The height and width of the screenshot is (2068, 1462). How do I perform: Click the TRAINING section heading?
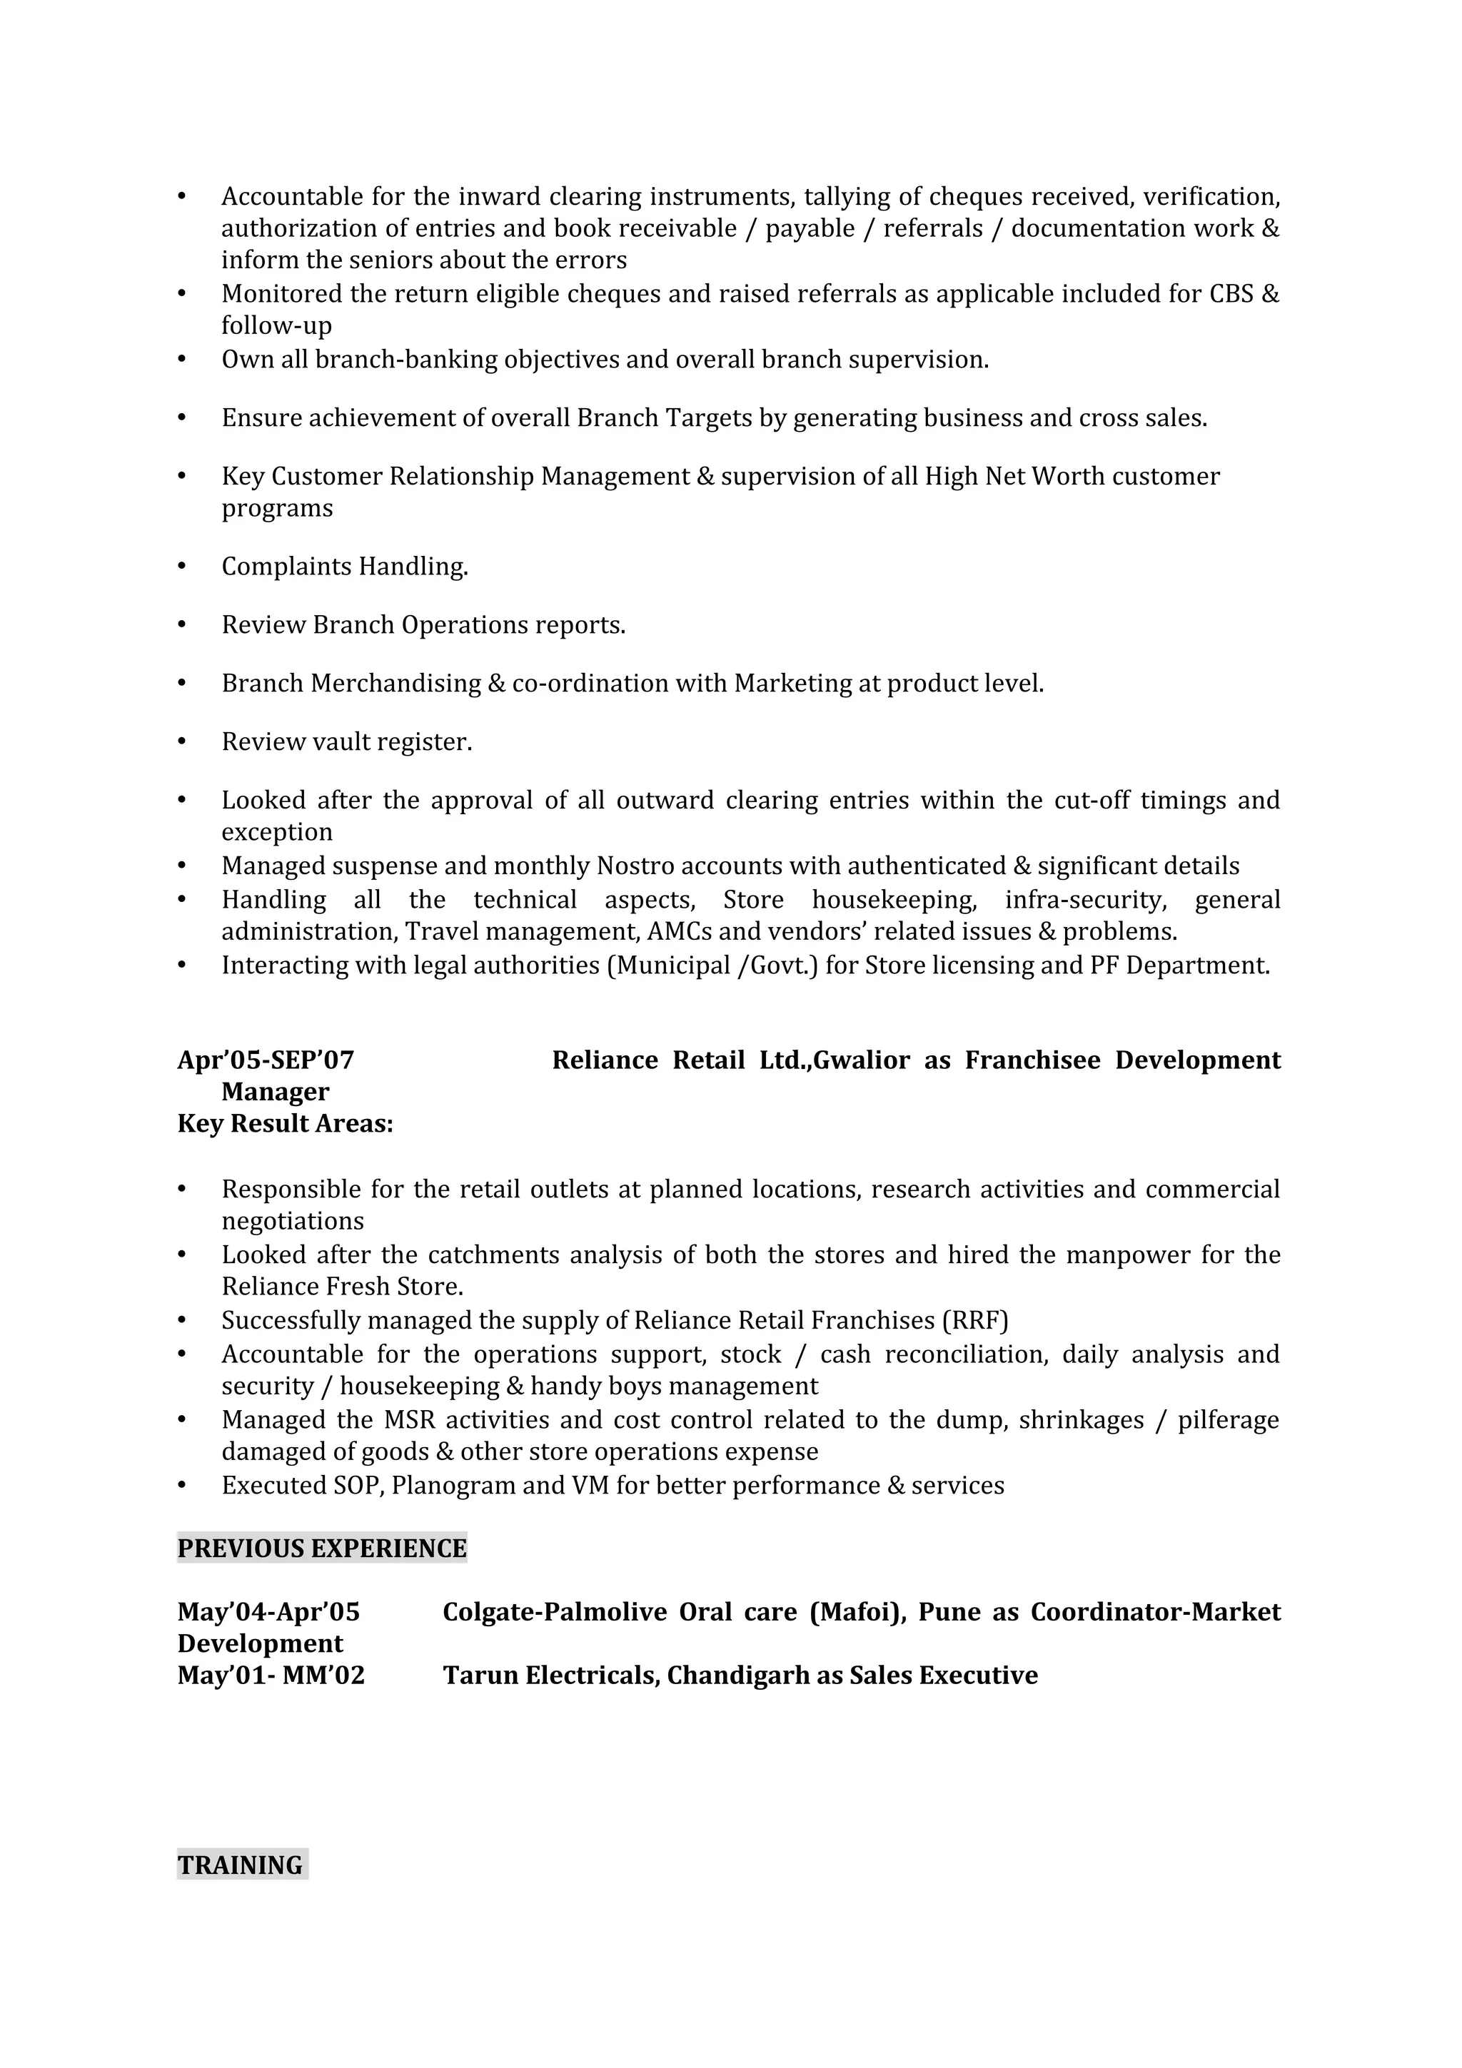241,1865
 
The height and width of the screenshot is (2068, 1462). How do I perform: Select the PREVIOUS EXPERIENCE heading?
321,1549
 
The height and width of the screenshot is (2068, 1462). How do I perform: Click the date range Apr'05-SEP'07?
266,1060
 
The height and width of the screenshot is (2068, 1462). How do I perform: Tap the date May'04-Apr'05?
268,1611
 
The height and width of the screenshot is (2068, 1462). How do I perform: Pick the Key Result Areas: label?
286,1124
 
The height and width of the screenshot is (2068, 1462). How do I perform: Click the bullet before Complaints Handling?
182,567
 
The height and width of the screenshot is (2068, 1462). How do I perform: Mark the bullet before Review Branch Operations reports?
182,625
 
